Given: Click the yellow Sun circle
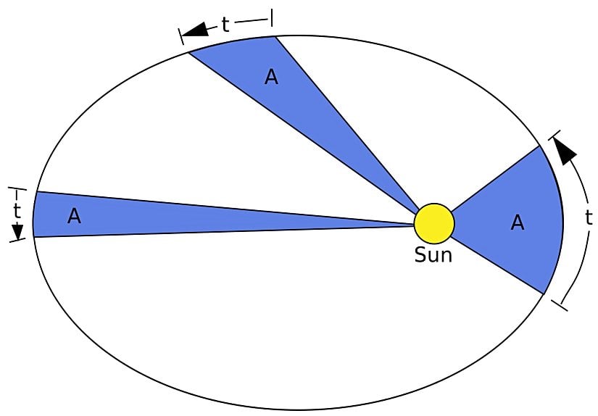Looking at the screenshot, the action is [434, 223].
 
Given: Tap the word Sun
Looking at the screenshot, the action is [433, 255].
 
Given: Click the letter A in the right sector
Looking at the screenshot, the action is [517, 222].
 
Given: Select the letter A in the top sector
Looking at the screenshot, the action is [271, 77].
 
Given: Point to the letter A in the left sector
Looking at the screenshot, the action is [74, 216].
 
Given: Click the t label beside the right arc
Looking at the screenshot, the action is [589, 217].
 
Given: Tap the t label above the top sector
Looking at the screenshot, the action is [225, 25].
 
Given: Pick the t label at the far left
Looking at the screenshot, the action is [17, 210].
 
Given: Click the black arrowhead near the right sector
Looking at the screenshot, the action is [565, 150].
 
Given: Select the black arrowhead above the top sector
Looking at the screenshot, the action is [195, 30].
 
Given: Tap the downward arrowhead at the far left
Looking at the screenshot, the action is [17, 231].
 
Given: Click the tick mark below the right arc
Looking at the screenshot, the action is [559, 305].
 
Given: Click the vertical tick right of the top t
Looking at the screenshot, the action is [272, 18].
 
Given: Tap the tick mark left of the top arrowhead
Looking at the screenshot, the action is [180, 37].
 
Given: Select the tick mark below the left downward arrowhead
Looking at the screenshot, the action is [17, 240].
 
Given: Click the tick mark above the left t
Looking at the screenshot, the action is [17, 188].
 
